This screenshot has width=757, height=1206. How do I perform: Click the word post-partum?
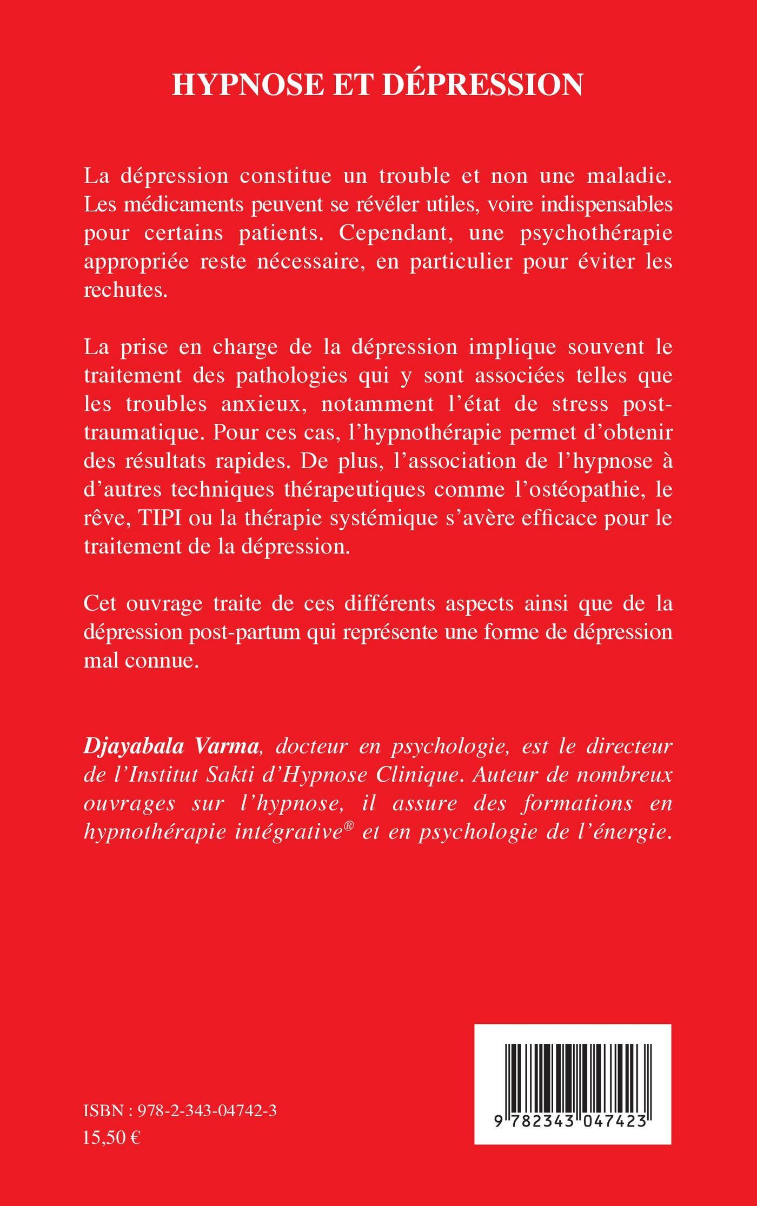click(x=246, y=631)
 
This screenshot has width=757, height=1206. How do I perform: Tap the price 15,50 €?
click(x=112, y=1181)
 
